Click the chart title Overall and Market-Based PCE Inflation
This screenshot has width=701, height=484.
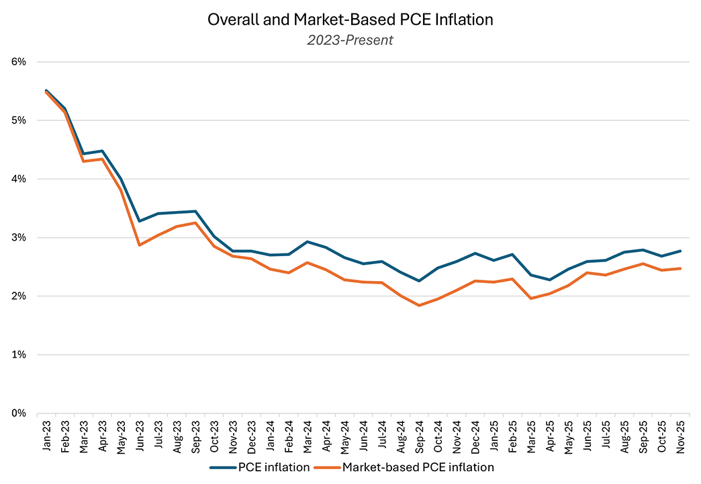[350, 19]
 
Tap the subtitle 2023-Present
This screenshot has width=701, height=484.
[350, 40]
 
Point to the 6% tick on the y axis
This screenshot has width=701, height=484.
[18, 62]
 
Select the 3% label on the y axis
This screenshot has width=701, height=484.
[18, 237]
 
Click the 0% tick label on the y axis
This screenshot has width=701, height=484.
[18, 413]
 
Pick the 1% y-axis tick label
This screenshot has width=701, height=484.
[18, 354]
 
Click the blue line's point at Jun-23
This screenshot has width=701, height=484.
[140, 221]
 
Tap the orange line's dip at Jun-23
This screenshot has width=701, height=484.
[140, 245]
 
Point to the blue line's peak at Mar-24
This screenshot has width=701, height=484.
[307, 241]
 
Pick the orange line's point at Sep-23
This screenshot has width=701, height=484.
[195, 223]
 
